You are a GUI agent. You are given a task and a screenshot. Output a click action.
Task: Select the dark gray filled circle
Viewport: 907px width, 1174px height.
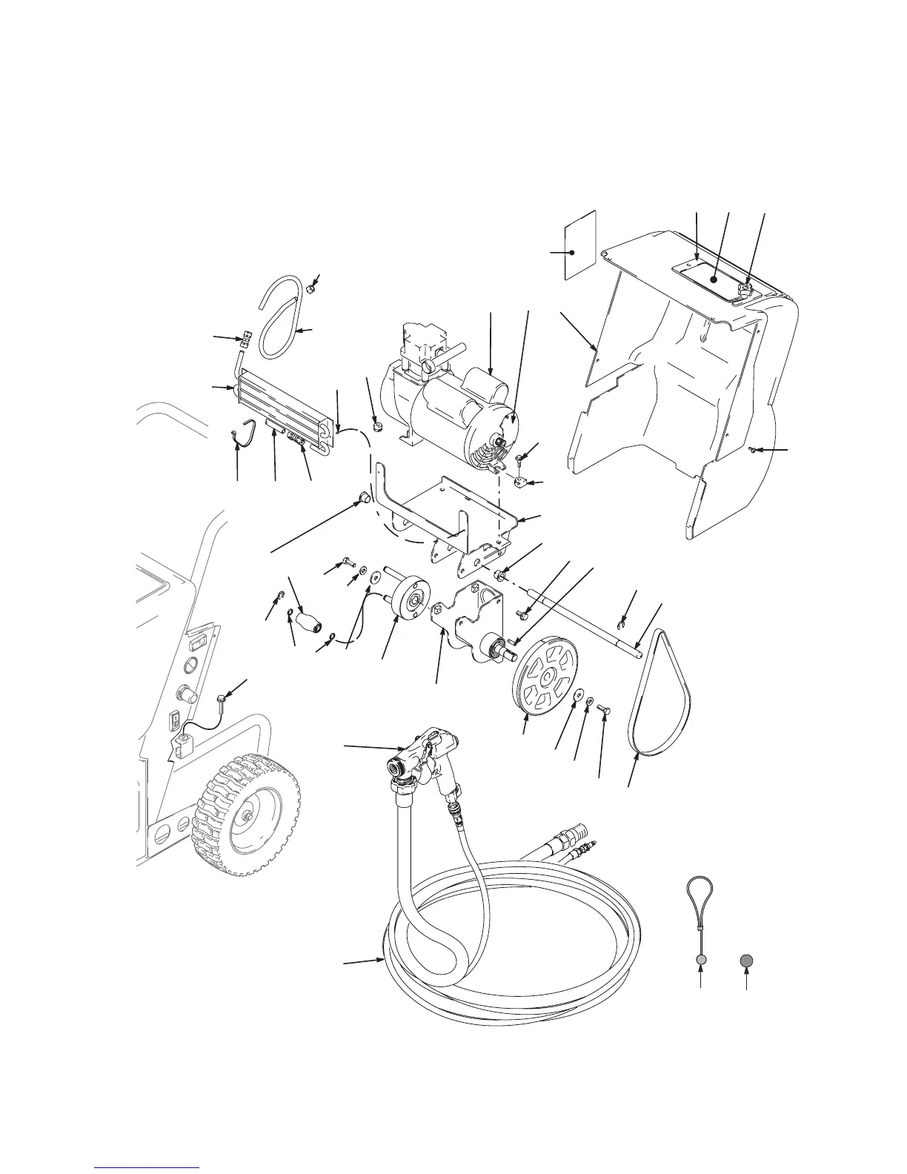[747, 961]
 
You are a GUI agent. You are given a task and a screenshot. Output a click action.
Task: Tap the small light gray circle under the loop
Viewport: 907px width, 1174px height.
[702, 961]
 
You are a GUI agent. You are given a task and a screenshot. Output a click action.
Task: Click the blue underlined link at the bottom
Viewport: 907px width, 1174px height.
[148, 1167]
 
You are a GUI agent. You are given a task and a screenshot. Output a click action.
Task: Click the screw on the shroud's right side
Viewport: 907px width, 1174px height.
[754, 449]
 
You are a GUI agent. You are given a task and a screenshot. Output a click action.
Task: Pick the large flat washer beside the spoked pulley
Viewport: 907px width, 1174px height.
[577, 696]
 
